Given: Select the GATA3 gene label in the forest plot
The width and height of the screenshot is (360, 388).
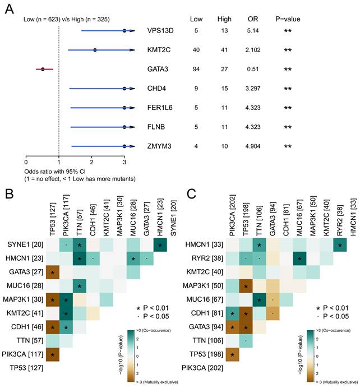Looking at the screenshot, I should pyautogui.click(x=155, y=69).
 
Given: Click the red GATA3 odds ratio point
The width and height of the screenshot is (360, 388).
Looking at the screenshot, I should pyautogui.click(x=43, y=69).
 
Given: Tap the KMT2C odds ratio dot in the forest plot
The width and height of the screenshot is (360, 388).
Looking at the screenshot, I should pyautogui.click(x=95, y=50).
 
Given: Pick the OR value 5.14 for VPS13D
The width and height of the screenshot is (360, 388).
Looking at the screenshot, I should pyautogui.click(x=253, y=31).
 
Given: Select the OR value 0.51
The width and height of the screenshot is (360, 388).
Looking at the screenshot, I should pyautogui.click(x=253, y=69).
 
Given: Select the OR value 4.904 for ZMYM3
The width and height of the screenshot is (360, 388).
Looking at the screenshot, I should pyautogui.click(x=253, y=146).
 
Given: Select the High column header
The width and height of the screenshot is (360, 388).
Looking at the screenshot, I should pyautogui.click(x=224, y=19).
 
